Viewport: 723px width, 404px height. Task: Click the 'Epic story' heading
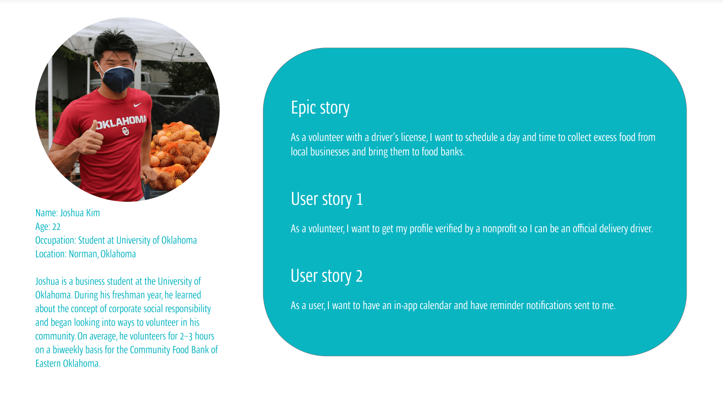(x=320, y=108)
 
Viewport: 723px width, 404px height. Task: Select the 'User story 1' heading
(x=327, y=199)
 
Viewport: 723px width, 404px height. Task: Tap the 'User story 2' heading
(x=327, y=276)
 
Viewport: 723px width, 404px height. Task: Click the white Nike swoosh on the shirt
(x=137, y=105)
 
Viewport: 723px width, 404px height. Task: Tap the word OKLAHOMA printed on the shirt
(x=121, y=122)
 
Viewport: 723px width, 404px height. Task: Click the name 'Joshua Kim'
(x=80, y=213)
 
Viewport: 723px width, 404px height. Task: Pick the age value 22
(x=56, y=227)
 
